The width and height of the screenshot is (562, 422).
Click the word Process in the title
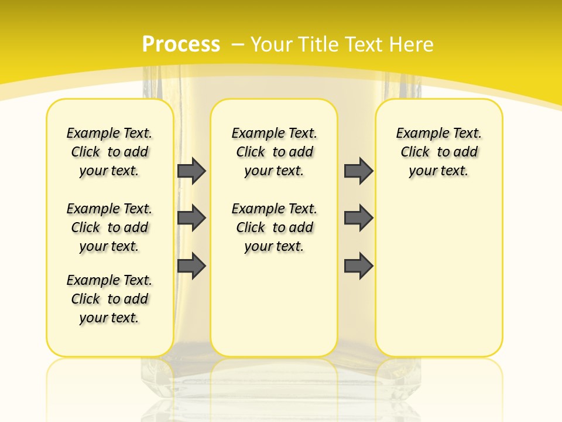pyautogui.click(x=181, y=44)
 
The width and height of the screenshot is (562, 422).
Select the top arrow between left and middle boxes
pyautogui.click(x=191, y=171)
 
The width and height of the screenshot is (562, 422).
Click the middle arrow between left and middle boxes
pyautogui.click(x=191, y=218)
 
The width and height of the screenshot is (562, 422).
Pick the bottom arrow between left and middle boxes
pyautogui.click(x=191, y=266)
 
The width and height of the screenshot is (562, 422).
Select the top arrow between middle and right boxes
pyautogui.click(x=358, y=171)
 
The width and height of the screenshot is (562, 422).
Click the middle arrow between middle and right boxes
pyautogui.click(x=358, y=218)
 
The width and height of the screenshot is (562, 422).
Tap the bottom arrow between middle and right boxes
pyautogui.click(x=358, y=266)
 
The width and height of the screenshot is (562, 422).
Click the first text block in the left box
pyautogui.click(x=109, y=152)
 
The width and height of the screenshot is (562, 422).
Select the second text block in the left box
pyautogui.click(x=109, y=227)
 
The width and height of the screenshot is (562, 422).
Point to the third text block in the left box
pyautogui.click(x=109, y=299)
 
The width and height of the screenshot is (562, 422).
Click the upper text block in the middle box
pyautogui.click(x=274, y=152)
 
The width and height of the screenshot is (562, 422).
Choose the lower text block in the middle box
pyautogui.click(x=274, y=227)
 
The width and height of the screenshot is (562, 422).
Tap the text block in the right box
pyautogui.click(x=438, y=152)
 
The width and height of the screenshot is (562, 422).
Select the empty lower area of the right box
pyautogui.click(x=438, y=275)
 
